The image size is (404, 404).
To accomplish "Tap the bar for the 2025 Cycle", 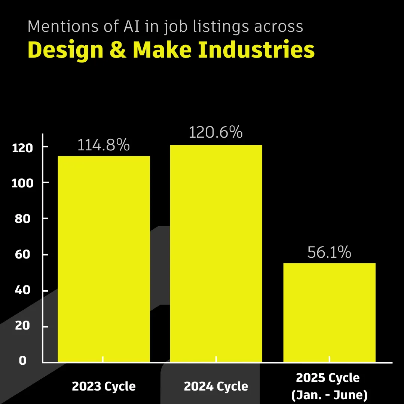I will (x=329, y=312).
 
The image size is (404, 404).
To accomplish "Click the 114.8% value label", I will (x=104, y=145).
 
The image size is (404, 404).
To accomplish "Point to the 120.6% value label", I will (x=216, y=132).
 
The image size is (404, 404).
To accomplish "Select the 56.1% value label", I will (x=329, y=252).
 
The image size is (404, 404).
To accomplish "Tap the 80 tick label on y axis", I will (x=22, y=219).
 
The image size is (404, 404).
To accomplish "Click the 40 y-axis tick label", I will (x=22, y=291).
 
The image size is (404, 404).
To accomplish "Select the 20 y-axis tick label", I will (x=22, y=326).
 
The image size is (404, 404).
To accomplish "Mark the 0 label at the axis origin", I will (x=23, y=361).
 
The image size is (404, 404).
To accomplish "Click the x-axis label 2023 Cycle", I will (x=104, y=386).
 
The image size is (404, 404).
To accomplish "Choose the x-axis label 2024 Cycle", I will (x=216, y=386).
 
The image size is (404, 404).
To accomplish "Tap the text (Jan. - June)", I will (x=329, y=395).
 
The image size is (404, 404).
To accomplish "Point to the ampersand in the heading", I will (x=119, y=50).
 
